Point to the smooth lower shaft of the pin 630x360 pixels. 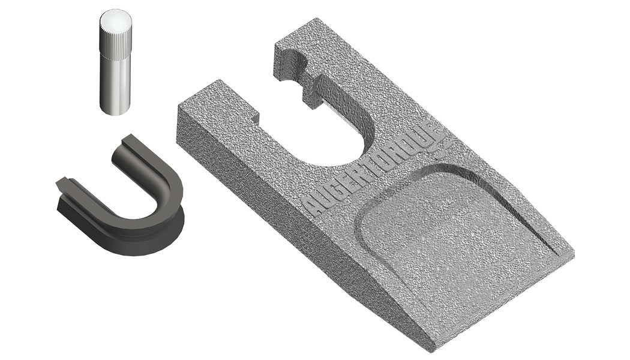(115, 85)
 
